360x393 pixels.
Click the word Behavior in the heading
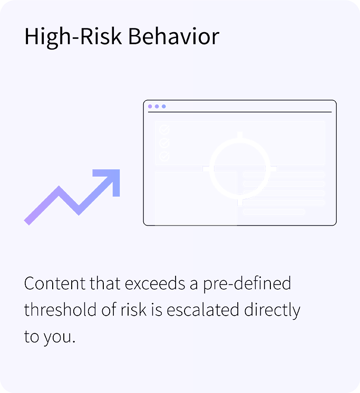[x=174, y=36]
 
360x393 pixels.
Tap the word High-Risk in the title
[x=73, y=36]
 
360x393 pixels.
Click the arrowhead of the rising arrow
[x=110, y=179]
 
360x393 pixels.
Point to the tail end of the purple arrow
[x=27, y=222]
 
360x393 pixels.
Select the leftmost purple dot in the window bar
[x=150, y=106]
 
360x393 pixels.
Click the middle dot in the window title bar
[x=157, y=106]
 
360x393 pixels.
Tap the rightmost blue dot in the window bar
[x=164, y=106]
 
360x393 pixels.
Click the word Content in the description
[x=55, y=283]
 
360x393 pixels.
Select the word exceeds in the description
[x=155, y=283]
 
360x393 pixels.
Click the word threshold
[x=61, y=310]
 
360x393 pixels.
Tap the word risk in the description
[x=133, y=310]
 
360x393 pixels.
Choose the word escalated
[x=203, y=310]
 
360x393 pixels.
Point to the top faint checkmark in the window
[x=164, y=130]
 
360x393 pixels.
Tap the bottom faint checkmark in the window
[x=164, y=156]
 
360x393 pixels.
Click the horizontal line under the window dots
[x=240, y=112]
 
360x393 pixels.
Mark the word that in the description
[x=105, y=283]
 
